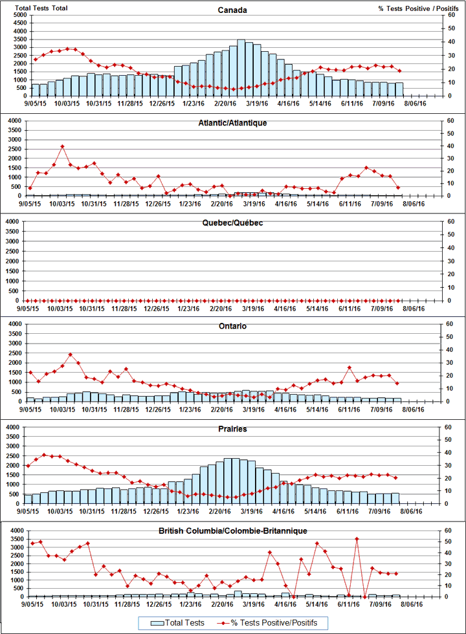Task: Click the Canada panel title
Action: click(x=232, y=10)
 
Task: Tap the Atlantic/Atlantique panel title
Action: click(x=232, y=122)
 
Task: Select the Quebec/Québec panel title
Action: click(x=232, y=223)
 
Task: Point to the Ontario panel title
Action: click(x=232, y=326)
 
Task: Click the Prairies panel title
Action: click(x=232, y=428)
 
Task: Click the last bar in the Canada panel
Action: click(x=399, y=89)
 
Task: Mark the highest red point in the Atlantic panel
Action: click(x=62, y=146)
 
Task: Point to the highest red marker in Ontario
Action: click(x=71, y=355)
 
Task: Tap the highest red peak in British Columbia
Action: click(x=357, y=538)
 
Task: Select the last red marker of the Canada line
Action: click(x=400, y=71)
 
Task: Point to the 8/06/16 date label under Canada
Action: click(x=415, y=102)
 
